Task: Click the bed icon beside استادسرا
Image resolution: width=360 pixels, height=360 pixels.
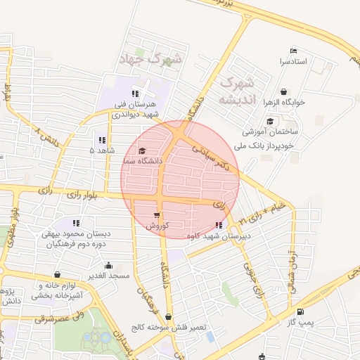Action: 293,51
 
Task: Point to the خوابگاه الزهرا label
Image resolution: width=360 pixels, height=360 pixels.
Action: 283,102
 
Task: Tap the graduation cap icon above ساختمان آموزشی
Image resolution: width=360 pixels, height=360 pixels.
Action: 270,121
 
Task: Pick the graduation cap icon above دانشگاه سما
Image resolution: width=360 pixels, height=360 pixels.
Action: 142,150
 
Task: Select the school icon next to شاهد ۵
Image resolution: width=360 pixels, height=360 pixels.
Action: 102,140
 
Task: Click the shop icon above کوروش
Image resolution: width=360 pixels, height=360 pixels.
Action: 156,216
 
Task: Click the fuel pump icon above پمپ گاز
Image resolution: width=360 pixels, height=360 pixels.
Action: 300,311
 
